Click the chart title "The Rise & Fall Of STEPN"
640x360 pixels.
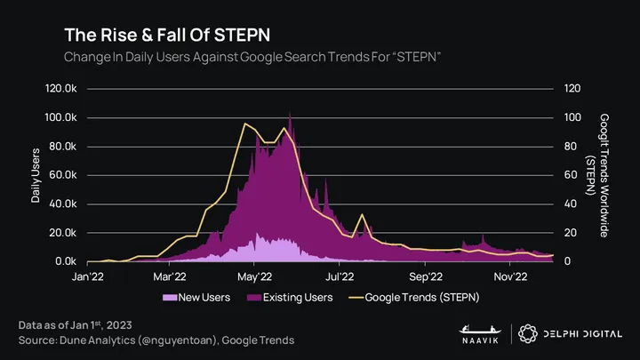(x=167, y=35)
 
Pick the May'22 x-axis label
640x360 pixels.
(x=254, y=276)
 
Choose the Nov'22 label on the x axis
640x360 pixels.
(x=510, y=276)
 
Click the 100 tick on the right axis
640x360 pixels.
(x=572, y=117)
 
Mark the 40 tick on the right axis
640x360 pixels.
(x=571, y=204)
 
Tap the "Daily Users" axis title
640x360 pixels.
(x=36, y=175)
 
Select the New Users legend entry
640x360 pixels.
(x=199, y=297)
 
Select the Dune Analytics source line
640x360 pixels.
(x=156, y=340)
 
